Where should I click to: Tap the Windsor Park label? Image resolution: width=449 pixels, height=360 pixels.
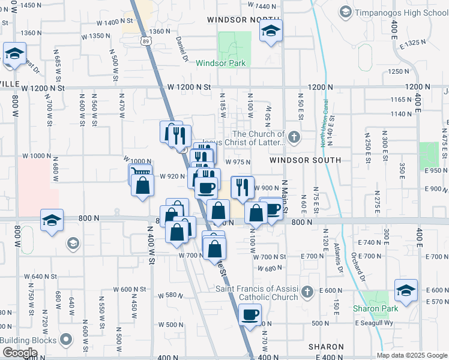coord(218,62)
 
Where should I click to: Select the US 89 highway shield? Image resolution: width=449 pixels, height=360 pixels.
coord(147,40)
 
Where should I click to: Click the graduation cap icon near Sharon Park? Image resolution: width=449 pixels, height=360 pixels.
coord(406,291)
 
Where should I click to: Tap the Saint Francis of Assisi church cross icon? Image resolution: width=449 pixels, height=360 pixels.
coord(307,292)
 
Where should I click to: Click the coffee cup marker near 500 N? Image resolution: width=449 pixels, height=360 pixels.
coord(250,314)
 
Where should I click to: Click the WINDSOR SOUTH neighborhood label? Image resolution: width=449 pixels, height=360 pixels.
coord(305,160)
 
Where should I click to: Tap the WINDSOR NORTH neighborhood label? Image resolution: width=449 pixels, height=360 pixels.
coord(235,20)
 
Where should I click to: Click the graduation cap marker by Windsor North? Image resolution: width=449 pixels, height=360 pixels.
coord(271,31)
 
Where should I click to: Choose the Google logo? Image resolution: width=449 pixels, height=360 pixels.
coord(19,353)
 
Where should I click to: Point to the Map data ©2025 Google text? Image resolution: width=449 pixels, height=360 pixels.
coord(412,355)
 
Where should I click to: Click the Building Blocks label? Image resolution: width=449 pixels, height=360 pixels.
coord(29,340)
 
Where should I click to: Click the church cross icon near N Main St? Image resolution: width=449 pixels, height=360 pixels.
coord(294,137)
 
